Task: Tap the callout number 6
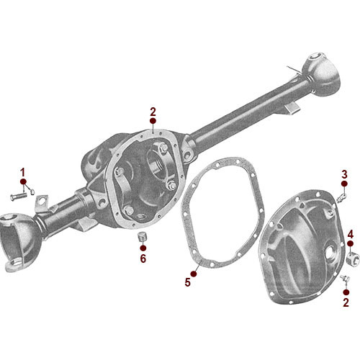click(x=143, y=258)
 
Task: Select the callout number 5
click(x=188, y=282)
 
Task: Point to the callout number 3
click(x=345, y=174)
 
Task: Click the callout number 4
click(x=351, y=235)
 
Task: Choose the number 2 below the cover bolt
click(x=346, y=302)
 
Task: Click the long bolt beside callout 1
click(x=20, y=195)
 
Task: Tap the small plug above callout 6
click(x=142, y=237)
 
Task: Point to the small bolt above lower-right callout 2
click(x=343, y=278)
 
